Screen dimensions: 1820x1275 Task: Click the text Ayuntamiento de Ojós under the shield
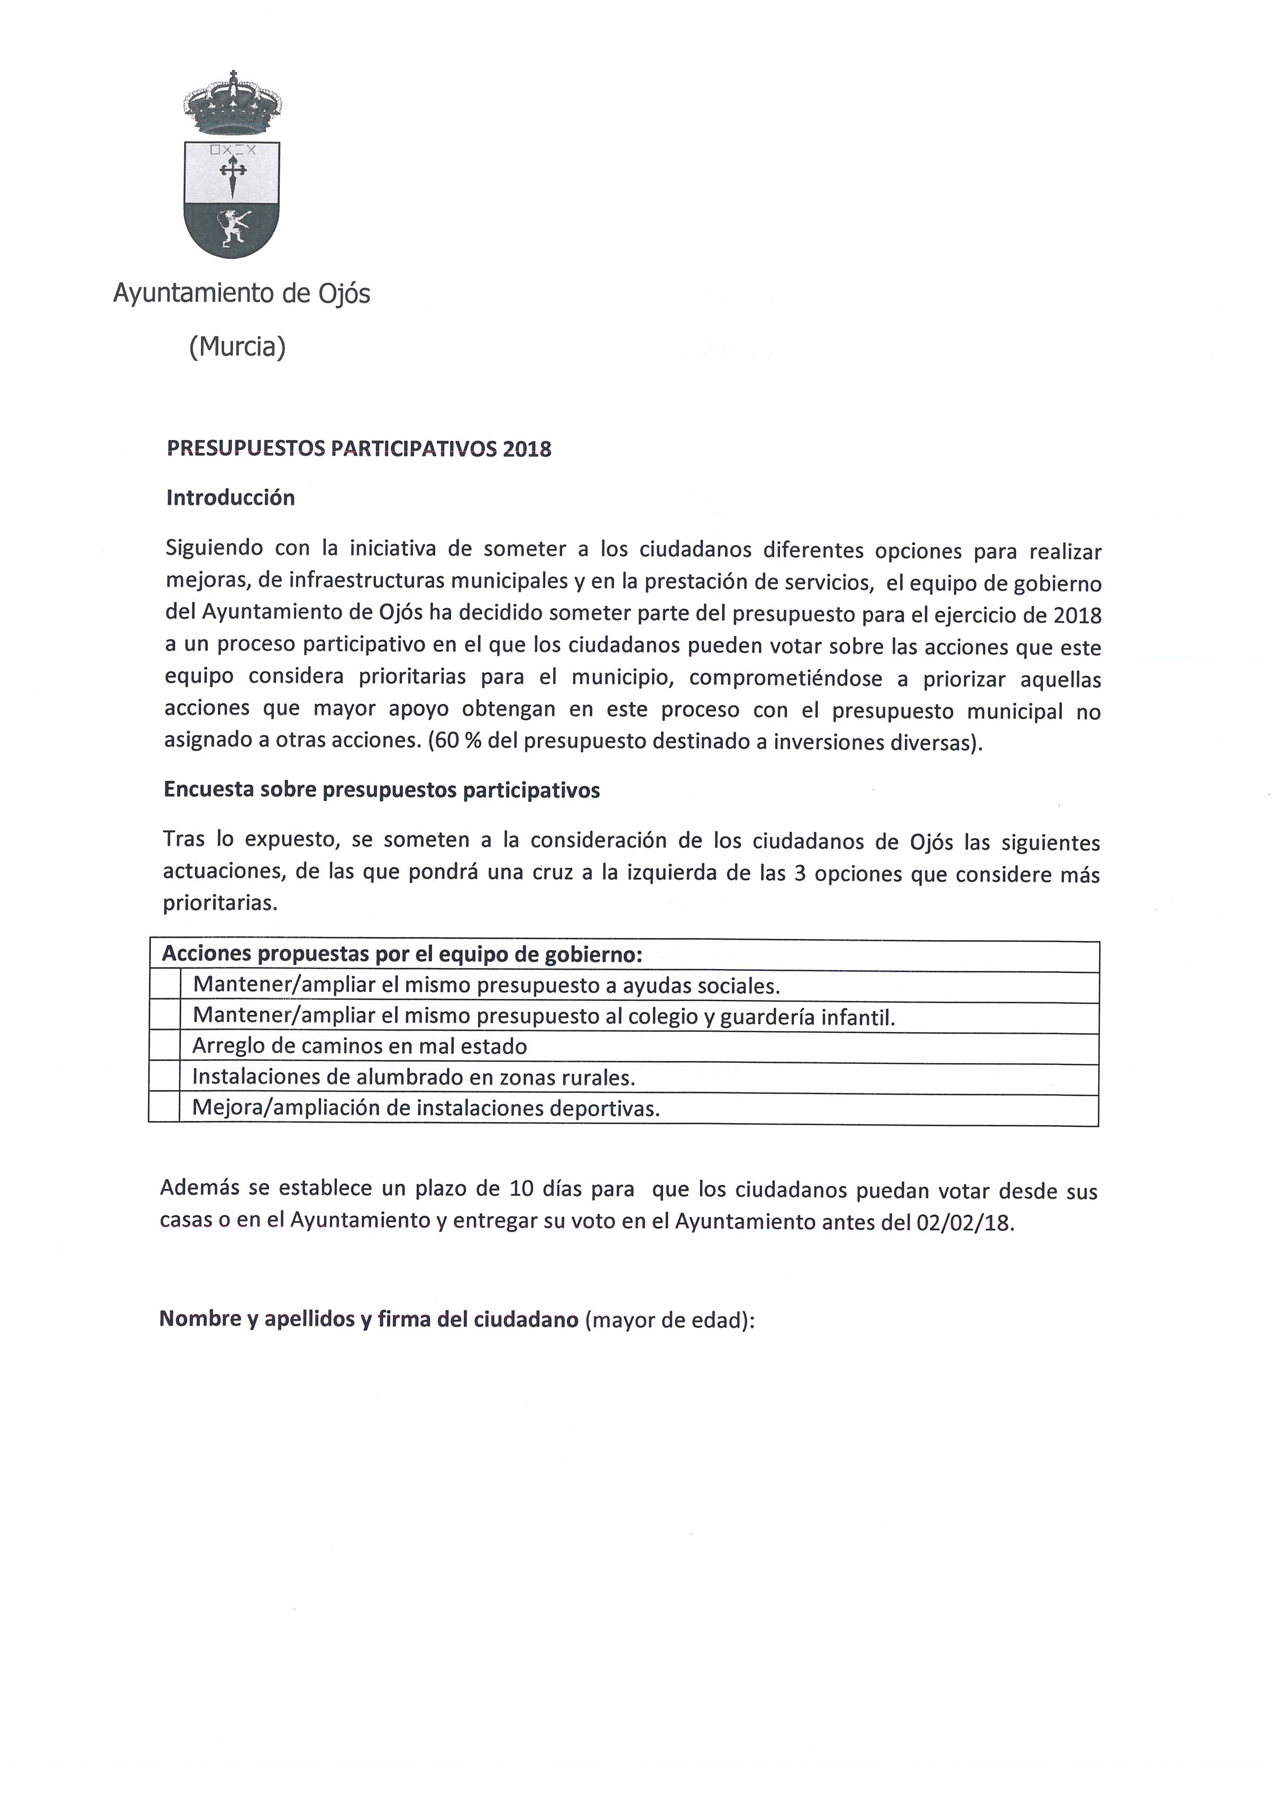pos(241,294)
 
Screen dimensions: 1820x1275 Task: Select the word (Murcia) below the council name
pos(237,346)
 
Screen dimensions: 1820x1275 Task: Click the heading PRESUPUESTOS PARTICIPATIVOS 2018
pos(359,449)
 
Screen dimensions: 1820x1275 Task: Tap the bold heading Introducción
pos(230,498)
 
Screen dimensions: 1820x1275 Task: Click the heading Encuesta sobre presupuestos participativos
pos(381,790)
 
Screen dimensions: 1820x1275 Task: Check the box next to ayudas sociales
pos(165,987)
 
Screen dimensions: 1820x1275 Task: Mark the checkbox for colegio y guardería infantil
pos(165,1017)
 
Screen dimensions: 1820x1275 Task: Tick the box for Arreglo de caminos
pos(165,1047)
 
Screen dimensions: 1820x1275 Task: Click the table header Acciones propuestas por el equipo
pos(401,954)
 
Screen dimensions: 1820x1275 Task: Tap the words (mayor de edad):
pos(670,1320)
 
